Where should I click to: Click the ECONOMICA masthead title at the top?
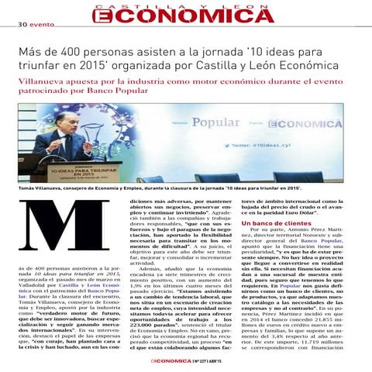(x=185, y=16)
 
